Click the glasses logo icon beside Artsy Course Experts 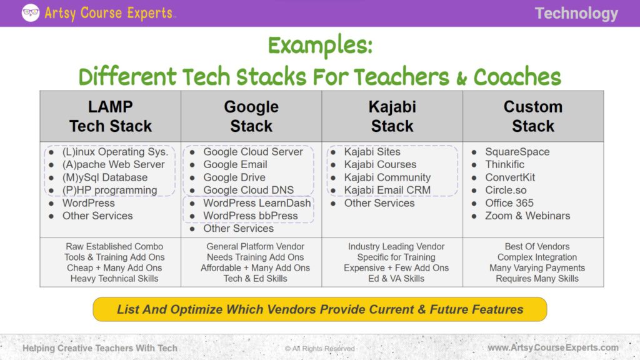31,12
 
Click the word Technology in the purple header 576,13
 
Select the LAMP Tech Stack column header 111,116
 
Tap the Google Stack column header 251,116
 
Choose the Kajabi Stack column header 392,116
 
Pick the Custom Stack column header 533,116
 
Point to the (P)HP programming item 109,190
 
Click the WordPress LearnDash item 257,203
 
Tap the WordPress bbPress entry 250,216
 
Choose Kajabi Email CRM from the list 387,190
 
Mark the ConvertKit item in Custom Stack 510,177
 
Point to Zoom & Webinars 527,216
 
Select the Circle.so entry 506,190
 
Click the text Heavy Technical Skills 114,279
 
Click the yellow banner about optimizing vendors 320,309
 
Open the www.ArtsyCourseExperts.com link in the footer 553,347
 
